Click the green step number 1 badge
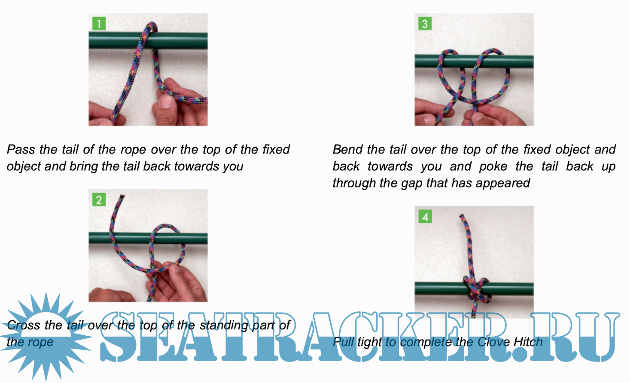99,23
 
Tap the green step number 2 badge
99,199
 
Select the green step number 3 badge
425,23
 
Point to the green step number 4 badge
425,216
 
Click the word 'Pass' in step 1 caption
21,149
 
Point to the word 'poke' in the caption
493,166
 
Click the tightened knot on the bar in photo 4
477,291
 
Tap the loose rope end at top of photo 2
122,197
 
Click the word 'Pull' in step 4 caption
343,342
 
